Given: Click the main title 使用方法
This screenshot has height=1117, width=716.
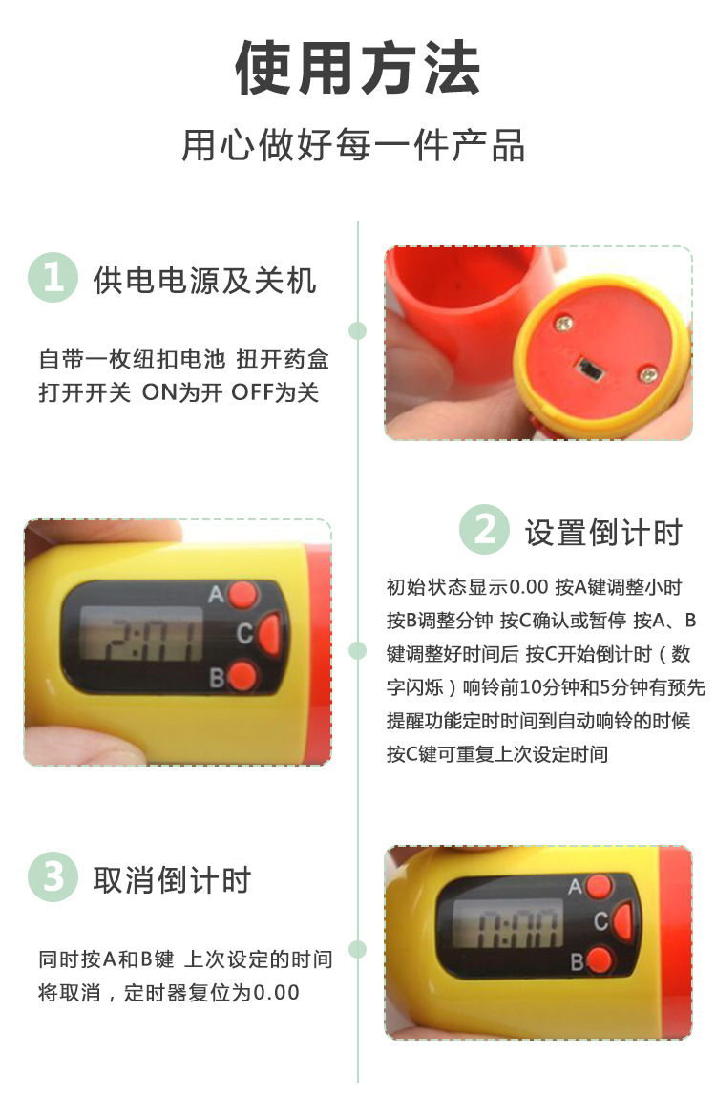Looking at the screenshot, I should click(357, 69).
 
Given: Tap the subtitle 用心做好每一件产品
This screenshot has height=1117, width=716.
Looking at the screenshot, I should click(353, 146).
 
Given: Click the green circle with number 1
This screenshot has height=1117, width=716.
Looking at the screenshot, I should click(53, 278).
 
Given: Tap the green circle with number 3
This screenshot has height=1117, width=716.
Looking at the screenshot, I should click(53, 876).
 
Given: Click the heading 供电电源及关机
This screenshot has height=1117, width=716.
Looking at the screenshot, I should click(204, 280).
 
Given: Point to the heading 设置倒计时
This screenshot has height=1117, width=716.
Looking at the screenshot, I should click(603, 532).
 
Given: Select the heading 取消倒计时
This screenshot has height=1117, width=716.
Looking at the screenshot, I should click(172, 879).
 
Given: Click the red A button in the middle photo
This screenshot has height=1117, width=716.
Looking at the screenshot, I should click(244, 595).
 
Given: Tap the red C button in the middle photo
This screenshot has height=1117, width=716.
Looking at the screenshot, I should click(269, 633).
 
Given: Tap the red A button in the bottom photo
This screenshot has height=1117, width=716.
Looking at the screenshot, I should click(600, 885).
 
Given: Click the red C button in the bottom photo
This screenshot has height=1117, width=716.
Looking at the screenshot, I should click(622, 921).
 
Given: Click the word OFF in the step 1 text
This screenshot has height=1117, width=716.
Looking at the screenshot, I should click(251, 392).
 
